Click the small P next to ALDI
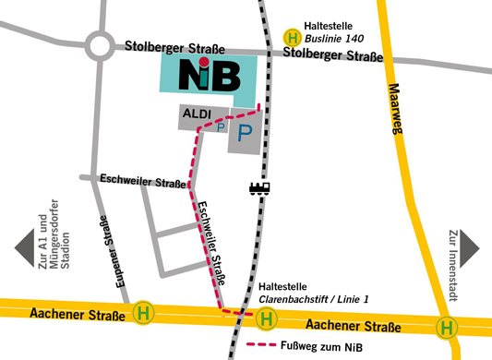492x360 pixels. [x=220, y=129]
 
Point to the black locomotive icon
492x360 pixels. [x=259, y=188]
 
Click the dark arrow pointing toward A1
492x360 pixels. [x=24, y=248]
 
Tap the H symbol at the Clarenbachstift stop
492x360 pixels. [x=267, y=318]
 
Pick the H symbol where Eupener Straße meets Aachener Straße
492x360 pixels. [x=143, y=313]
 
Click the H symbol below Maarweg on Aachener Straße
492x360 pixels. [x=447, y=327]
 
